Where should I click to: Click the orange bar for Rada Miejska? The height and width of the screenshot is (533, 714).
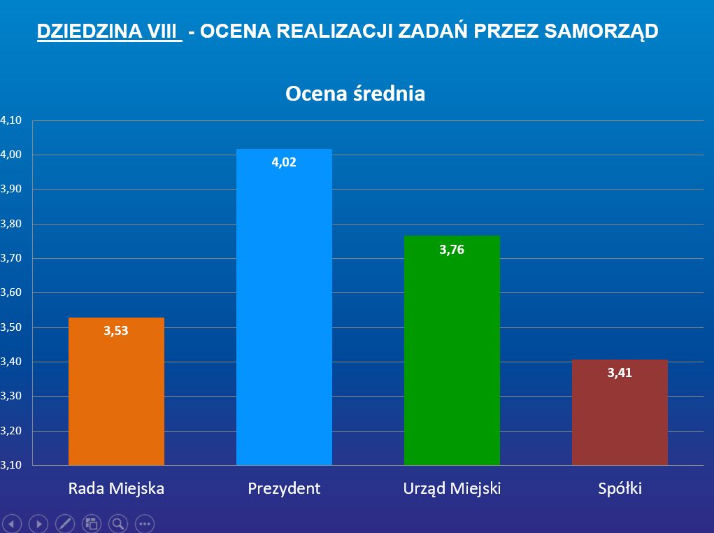click(116, 392)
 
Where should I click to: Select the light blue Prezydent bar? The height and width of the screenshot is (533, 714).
click(284, 308)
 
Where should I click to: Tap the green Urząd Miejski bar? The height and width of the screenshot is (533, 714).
click(452, 350)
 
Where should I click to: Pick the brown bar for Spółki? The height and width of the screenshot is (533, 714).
click(620, 413)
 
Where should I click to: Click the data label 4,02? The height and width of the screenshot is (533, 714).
click(284, 162)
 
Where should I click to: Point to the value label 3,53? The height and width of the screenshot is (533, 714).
click(116, 331)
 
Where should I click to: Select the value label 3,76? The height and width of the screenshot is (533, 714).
click(452, 250)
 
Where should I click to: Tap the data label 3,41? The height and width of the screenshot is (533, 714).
click(620, 373)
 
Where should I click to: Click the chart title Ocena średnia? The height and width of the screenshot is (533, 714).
click(355, 94)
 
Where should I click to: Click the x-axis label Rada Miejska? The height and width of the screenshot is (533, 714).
click(116, 488)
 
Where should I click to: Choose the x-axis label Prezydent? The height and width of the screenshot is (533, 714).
click(284, 488)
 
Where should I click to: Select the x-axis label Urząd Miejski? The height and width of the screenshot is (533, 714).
click(452, 488)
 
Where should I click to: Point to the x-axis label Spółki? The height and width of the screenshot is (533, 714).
click(620, 488)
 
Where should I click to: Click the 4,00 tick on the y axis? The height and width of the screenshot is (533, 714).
click(12, 155)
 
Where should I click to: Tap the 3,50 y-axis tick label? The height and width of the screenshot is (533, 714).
click(12, 327)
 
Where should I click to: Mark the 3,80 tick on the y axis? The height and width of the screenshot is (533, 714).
click(12, 224)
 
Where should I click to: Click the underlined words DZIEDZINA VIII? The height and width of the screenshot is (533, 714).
click(109, 31)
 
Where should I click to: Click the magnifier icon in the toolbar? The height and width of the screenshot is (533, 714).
click(117, 523)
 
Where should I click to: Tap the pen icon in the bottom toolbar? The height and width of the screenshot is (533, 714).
click(64, 523)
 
